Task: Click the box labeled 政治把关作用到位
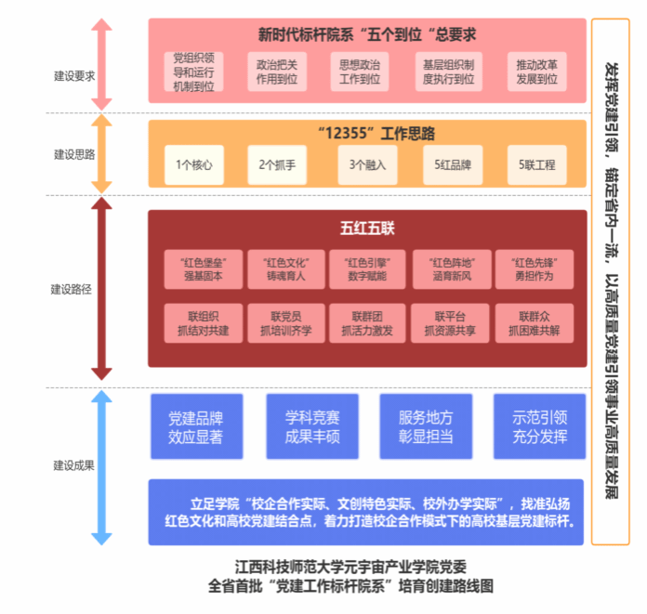277,72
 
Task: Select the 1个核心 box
194,165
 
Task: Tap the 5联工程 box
536,165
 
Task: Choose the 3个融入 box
367,165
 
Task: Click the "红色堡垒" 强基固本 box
204,269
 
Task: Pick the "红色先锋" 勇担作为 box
535,269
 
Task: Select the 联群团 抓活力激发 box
367,323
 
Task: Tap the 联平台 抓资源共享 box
450,323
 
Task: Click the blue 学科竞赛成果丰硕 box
312,426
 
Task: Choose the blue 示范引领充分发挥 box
540,426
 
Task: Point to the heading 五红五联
367,228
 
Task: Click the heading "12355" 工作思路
376,133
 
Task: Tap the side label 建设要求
74,76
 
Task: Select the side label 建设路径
71,289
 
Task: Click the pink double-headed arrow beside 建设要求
101,64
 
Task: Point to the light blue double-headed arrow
101,467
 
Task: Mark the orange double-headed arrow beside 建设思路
101,154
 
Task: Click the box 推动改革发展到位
536,72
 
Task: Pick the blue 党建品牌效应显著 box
196,426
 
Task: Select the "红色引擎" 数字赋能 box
367,269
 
